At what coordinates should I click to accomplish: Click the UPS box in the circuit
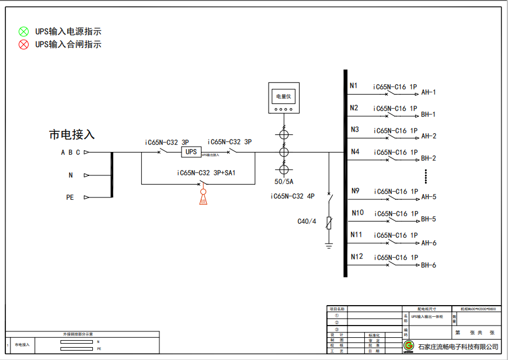pos(191,152)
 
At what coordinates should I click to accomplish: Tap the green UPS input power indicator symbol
pos(23,32)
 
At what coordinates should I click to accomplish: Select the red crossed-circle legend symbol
pos(23,44)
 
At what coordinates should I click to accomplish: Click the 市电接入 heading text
pos(71,135)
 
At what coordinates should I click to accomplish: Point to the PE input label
pos(70,198)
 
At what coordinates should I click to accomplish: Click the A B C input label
pos(71,153)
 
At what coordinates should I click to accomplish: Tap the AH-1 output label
pos(429,92)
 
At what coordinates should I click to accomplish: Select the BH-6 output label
pos(429,265)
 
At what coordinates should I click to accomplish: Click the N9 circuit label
pos(356,191)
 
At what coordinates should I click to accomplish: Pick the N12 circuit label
pos(356,257)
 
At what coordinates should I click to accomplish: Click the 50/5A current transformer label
pos(284,182)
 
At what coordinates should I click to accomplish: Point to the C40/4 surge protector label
pos(307,221)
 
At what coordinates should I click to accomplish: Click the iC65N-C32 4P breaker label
pos(293,196)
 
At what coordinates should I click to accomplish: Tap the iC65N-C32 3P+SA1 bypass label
pos(206,173)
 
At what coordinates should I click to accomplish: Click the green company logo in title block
pos(409,347)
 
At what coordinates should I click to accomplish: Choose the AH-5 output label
pos(429,197)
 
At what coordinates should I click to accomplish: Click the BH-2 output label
pos(429,158)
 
